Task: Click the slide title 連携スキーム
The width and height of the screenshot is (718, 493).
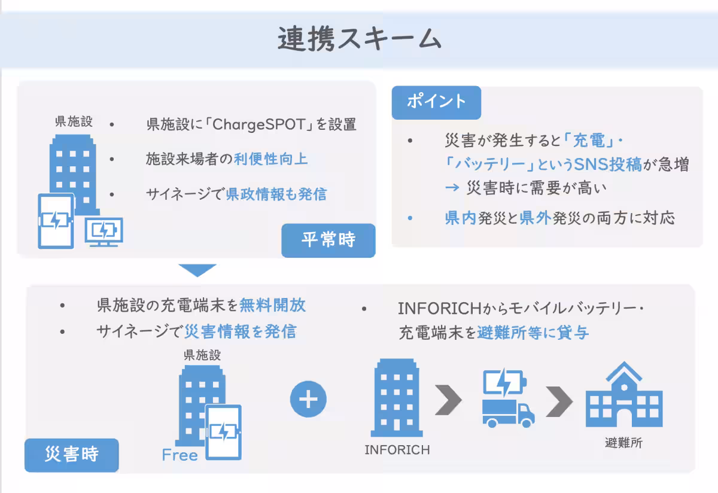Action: (x=359, y=39)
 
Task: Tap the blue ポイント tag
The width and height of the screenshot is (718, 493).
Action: (x=436, y=102)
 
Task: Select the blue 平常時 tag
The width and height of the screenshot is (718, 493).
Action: (x=328, y=240)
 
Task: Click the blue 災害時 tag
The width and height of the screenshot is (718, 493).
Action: (x=71, y=455)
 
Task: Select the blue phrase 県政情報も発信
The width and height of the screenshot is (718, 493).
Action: (x=276, y=194)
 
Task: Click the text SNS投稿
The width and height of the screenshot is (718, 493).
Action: (x=607, y=165)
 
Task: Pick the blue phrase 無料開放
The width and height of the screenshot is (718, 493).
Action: (x=272, y=305)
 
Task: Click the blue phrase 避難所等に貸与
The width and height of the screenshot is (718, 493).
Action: (x=533, y=333)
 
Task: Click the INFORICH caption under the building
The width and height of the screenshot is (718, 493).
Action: (x=397, y=449)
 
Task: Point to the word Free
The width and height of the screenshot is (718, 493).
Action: (x=180, y=455)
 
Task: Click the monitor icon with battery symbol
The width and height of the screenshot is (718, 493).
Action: (x=104, y=231)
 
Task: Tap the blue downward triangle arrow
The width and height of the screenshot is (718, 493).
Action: (x=197, y=269)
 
